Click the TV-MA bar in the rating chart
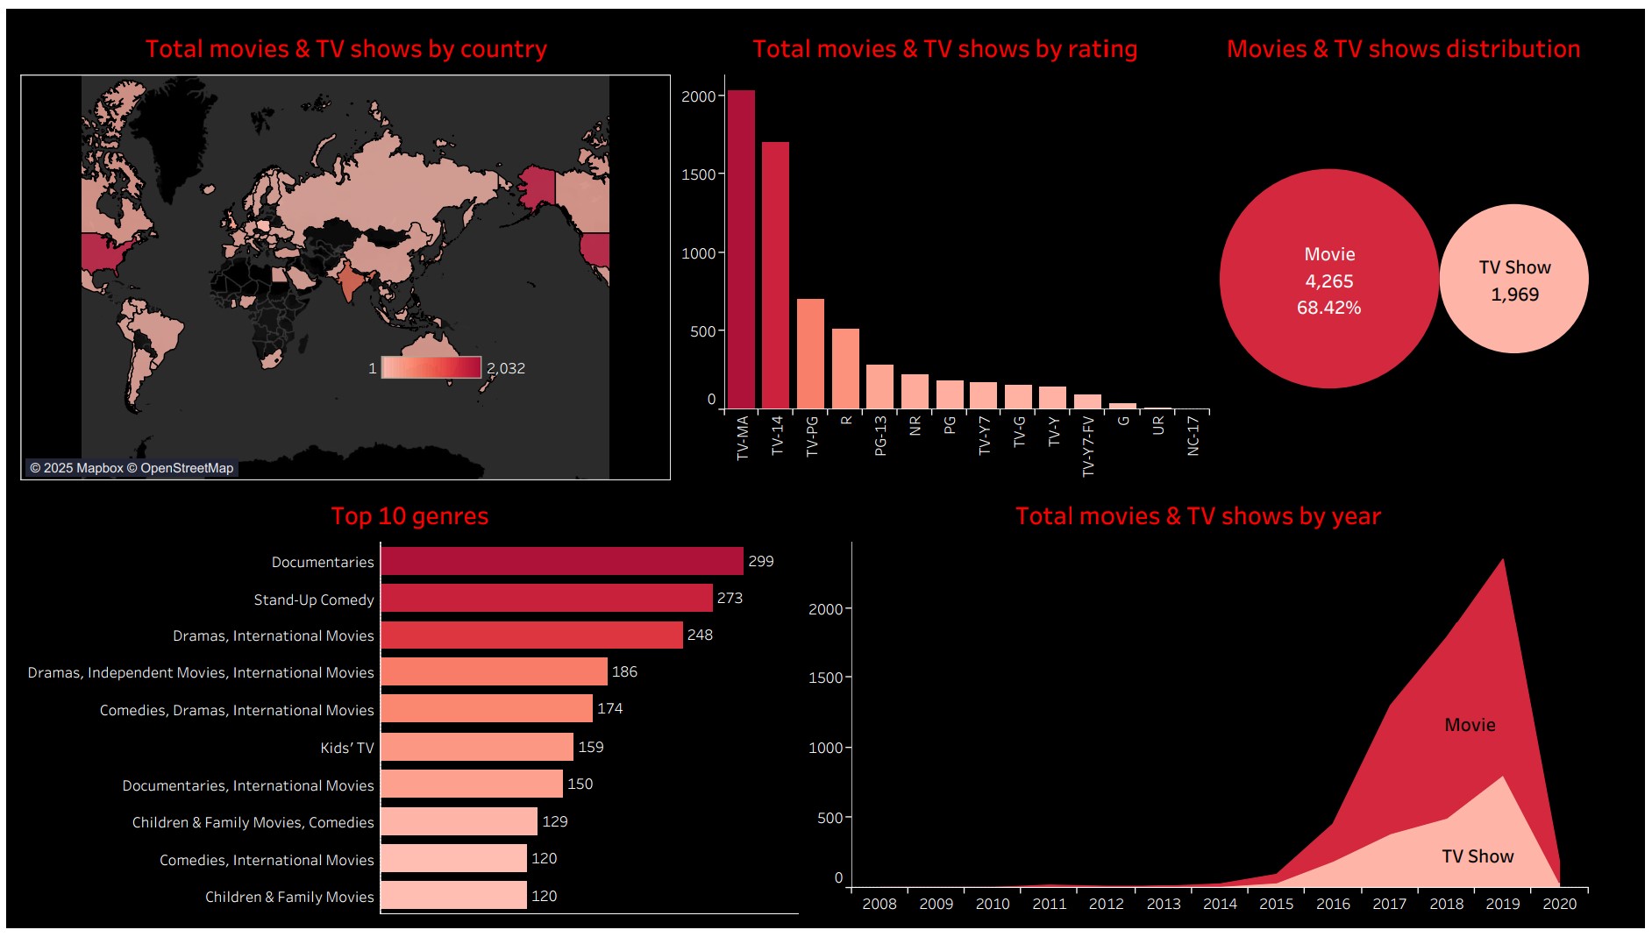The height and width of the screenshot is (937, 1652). point(741,250)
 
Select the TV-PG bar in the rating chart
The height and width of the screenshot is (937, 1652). point(810,354)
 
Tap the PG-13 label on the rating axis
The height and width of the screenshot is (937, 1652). point(880,436)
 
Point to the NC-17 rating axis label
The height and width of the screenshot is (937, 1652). point(1193,436)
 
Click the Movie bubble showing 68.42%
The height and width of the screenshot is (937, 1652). point(1328,280)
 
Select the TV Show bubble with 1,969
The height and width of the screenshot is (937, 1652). point(1514,280)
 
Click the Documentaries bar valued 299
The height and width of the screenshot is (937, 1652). point(561,561)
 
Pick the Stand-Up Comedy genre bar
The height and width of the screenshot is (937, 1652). point(546,598)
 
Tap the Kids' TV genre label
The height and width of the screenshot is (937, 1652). point(346,748)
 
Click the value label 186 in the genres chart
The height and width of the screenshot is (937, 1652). point(624,671)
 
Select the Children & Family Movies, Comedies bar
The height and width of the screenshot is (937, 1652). point(459,821)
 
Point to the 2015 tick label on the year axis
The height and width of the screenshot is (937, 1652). point(1276,904)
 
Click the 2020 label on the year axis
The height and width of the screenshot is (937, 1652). point(1559,904)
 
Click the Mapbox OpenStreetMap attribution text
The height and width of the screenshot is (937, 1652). point(132,468)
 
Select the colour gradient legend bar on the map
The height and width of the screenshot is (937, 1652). point(431,368)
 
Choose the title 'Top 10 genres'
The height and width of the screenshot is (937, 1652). point(409,516)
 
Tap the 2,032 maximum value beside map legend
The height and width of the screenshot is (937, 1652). point(506,368)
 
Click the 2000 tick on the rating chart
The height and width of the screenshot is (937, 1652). point(698,96)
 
